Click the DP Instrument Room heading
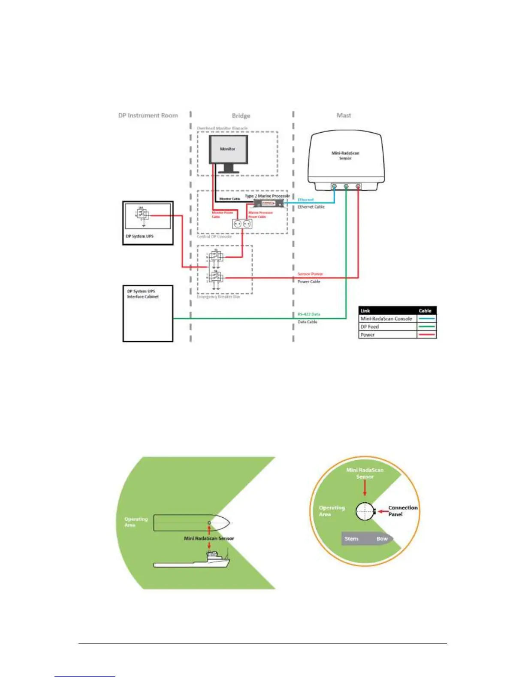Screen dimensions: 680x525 point(148,115)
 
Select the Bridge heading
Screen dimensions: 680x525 point(241,116)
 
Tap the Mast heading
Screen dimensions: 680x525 point(344,115)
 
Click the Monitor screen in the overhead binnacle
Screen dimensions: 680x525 point(228,149)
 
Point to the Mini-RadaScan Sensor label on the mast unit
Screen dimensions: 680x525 point(345,155)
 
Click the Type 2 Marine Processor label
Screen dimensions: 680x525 point(267,196)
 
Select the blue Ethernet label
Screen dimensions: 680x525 point(306,200)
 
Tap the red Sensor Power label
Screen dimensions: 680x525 point(310,274)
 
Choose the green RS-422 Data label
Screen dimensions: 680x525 point(309,314)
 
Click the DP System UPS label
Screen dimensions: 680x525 point(139,237)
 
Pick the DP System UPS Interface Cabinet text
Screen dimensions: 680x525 point(143,294)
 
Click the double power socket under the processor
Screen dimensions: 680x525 point(241,224)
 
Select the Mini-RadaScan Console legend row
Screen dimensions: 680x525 point(386,319)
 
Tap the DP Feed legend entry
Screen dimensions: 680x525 point(370,327)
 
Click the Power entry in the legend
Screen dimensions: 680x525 point(368,335)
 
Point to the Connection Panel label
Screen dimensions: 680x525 point(402,511)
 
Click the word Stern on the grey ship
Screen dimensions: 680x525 point(351,539)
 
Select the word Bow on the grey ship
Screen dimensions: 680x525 point(382,539)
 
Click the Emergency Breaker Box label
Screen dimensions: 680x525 point(218,297)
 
